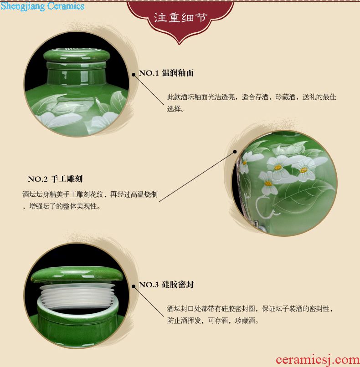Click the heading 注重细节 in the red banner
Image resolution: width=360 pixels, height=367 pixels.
click(x=180, y=18)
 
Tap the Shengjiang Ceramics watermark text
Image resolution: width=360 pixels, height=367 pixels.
click(x=42, y=6)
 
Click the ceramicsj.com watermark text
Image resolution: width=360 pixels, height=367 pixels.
click(x=318, y=360)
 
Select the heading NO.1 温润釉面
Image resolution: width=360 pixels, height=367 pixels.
click(x=166, y=73)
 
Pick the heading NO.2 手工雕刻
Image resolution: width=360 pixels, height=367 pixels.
click(x=55, y=179)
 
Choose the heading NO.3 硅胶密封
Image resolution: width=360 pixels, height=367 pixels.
click(x=166, y=285)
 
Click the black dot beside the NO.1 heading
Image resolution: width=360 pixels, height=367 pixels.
click(x=134, y=75)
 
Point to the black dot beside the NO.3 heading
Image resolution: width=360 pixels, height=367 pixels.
click(x=134, y=286)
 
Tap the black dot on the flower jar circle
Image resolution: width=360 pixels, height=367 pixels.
click(x=235, y=152)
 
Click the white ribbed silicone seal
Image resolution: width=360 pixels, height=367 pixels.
click(x=77, y=296)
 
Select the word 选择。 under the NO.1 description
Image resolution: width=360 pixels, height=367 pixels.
click(x=175, y=109)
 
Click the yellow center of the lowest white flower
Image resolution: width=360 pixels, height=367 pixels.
click(x=268, y=183)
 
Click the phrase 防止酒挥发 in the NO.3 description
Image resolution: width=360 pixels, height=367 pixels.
click(x=184, y=321)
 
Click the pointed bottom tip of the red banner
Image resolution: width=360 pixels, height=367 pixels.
click(x=180, y=44)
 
